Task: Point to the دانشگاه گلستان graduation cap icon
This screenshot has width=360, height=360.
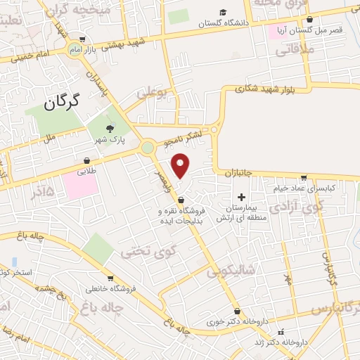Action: (223, 12)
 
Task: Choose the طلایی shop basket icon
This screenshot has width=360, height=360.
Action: (86, 161)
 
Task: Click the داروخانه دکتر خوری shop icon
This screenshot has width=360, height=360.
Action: (237, 311)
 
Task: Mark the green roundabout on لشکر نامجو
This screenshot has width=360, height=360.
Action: (148, 148)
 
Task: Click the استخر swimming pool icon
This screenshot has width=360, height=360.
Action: (14, 262)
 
